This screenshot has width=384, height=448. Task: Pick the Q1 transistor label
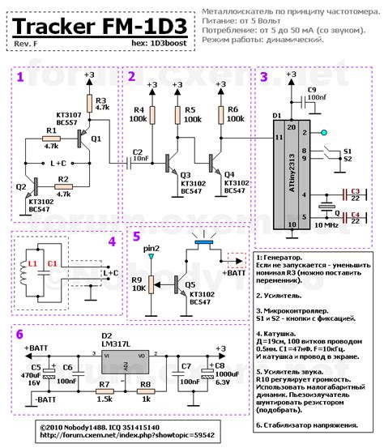(96, 139)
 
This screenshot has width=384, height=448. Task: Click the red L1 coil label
(33, 264)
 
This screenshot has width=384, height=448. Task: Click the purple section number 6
(20, 333)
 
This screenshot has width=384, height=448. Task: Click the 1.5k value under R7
(105, 399)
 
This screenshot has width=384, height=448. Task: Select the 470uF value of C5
(30, 374)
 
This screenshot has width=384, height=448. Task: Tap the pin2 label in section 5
(150, 249)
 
